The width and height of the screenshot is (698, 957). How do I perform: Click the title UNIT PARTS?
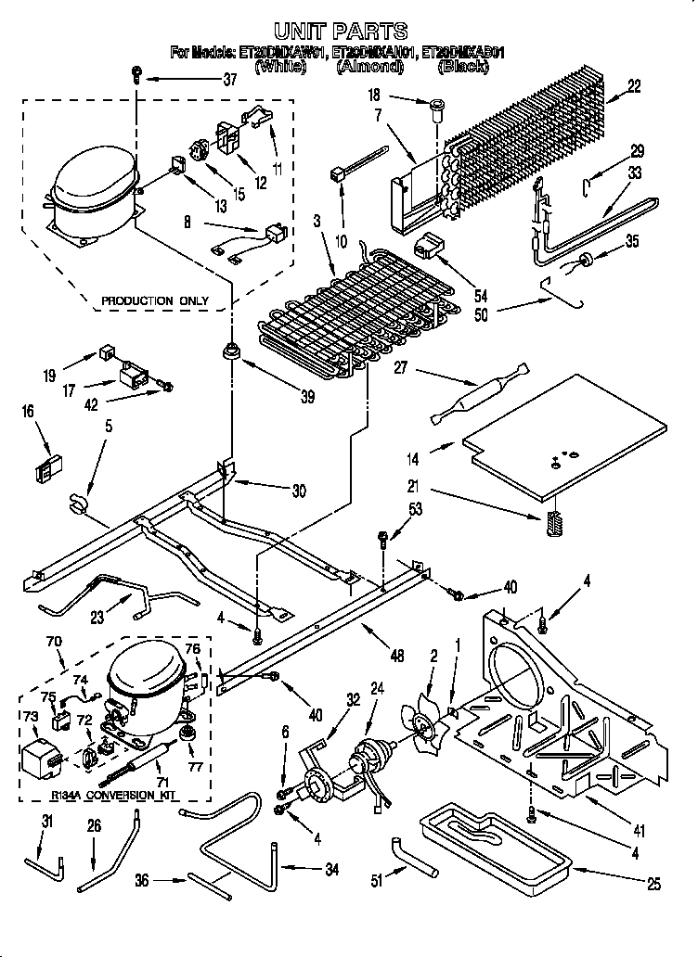[x=340, y=32]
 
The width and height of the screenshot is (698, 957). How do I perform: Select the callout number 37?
[x=230, y=81]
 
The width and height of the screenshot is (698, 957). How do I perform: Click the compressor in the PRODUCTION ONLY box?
[x=93, y=198]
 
